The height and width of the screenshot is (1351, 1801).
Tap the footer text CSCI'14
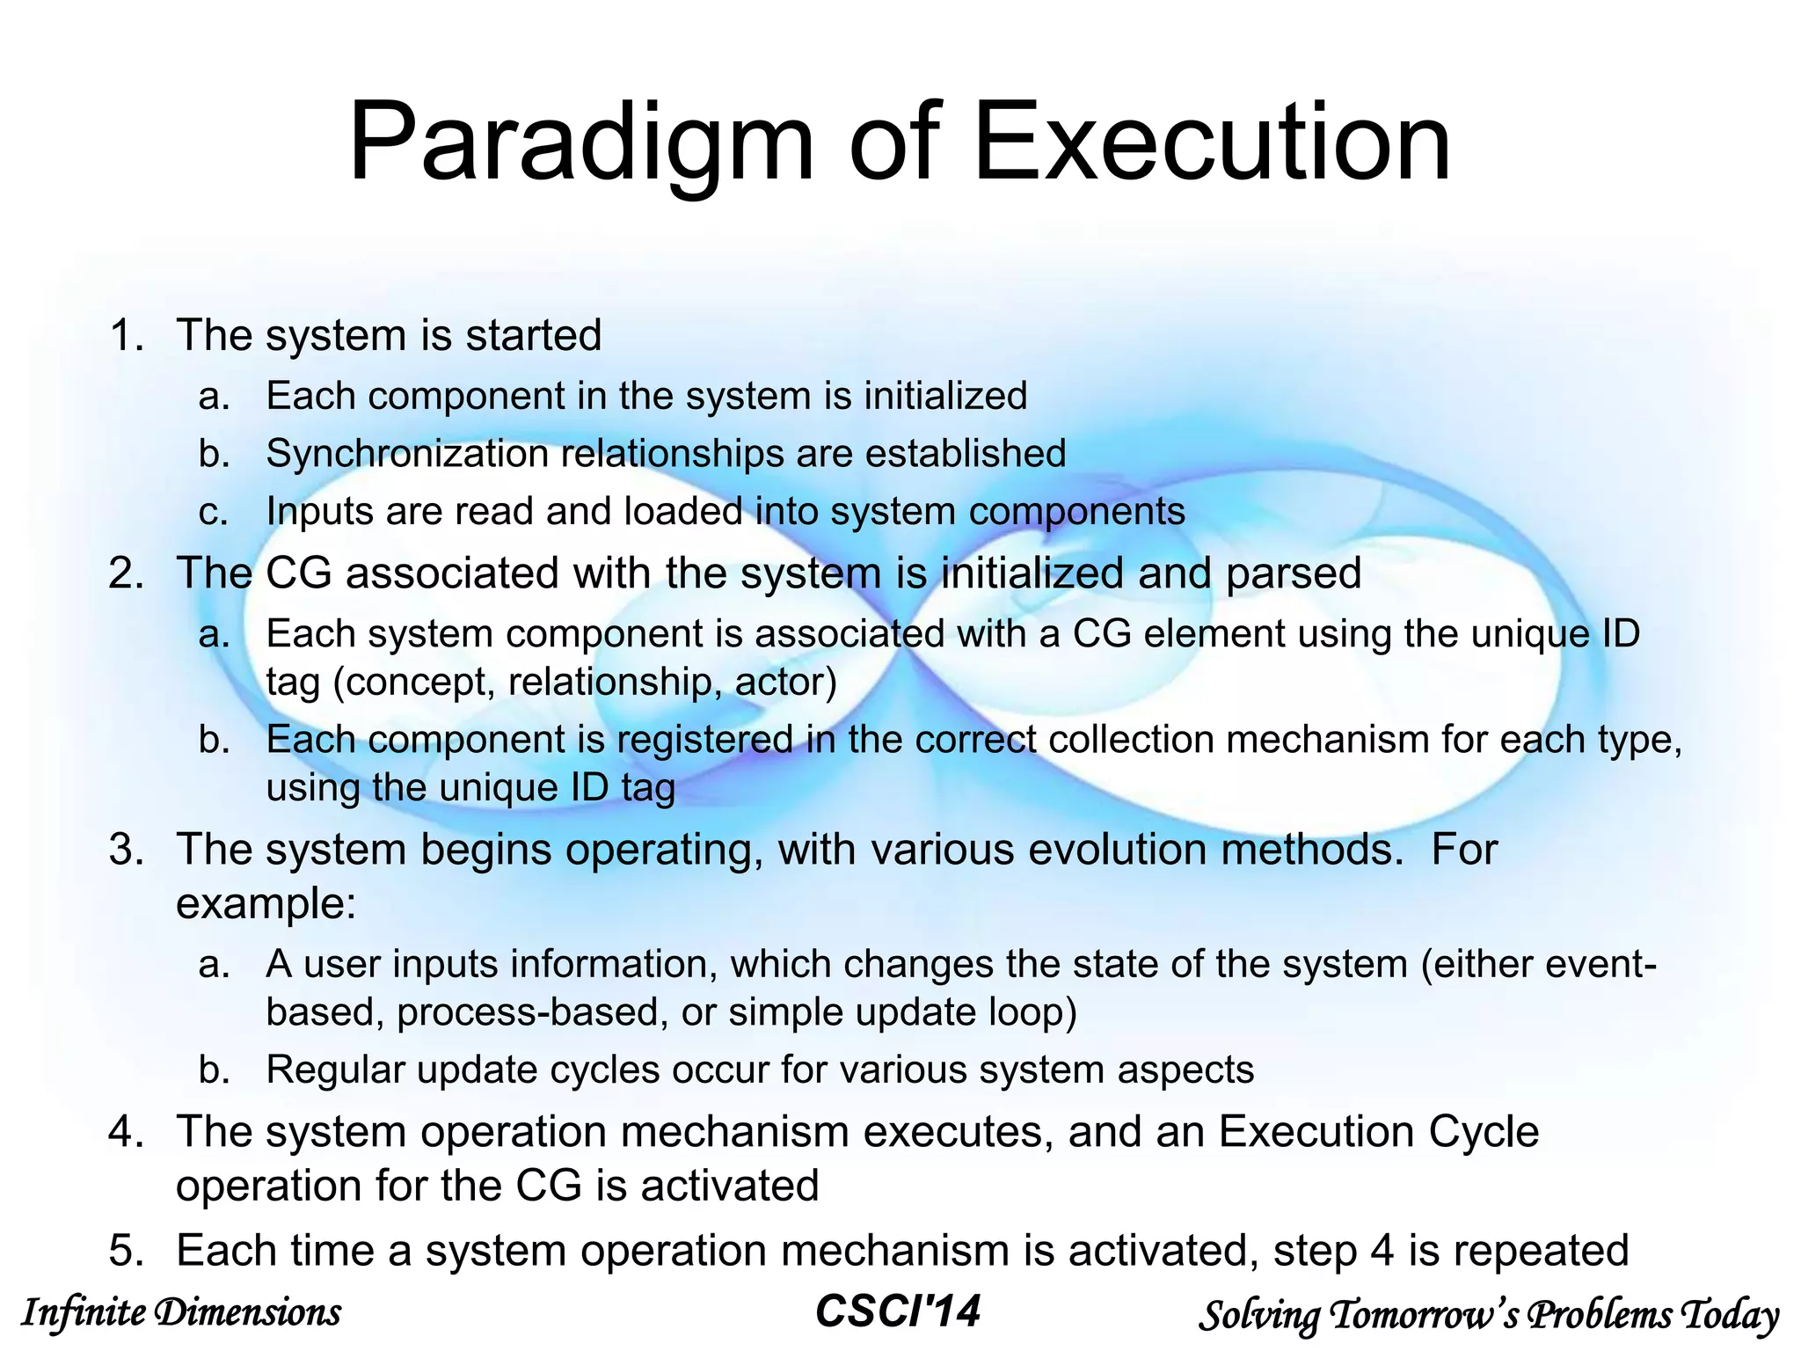[897, 1311]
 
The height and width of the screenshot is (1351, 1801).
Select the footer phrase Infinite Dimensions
[180, 1312]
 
